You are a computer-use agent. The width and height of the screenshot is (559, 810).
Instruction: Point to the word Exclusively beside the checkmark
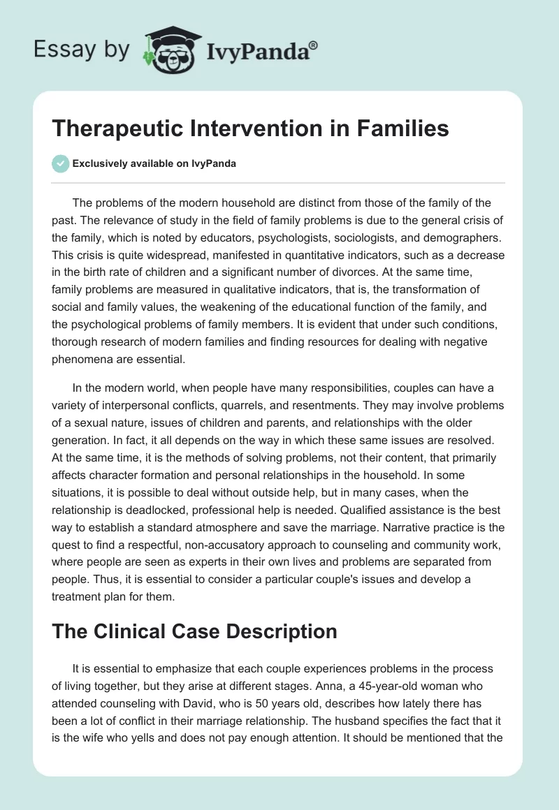[x=99, y=164]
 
